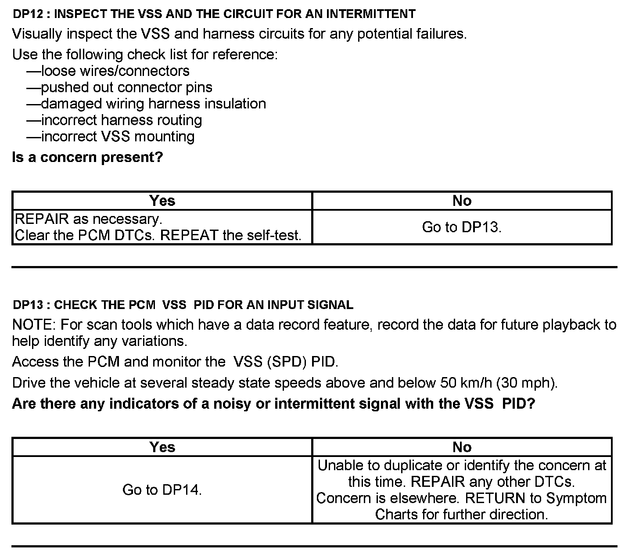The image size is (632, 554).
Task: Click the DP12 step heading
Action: (214, 14)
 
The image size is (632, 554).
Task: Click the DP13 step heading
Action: (183, 305)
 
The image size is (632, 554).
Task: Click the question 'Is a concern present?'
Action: (87, 157)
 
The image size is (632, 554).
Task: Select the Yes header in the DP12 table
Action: (162, 201)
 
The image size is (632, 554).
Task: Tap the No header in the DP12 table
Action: (462, 201)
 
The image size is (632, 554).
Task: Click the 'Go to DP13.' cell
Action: (462, 227)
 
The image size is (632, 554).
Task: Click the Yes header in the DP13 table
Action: (162, 447)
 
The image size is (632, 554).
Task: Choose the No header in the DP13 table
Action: (462, 447)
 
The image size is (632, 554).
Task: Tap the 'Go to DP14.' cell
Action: (162, 489)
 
